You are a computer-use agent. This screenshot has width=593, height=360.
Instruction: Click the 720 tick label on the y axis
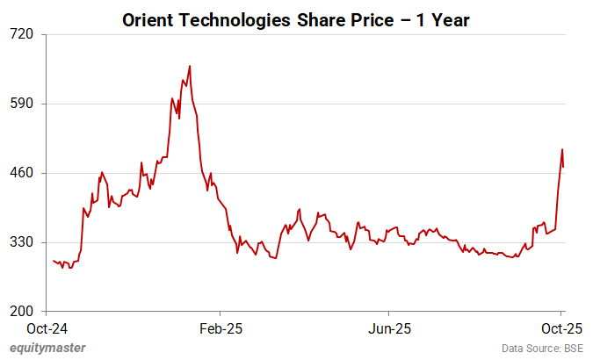tap(22, 34)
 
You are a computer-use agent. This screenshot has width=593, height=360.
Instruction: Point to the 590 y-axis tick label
tap(22, 104)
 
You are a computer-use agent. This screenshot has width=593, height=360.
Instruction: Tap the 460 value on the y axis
tap(22, 173)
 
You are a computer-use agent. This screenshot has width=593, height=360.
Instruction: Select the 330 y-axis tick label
tap(22, 242)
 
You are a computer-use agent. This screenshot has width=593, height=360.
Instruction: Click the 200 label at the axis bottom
tap(22, 312)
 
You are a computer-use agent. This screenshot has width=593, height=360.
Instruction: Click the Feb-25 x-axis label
tap(221, 329)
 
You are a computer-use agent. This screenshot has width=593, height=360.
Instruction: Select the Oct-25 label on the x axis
tap(560, 329)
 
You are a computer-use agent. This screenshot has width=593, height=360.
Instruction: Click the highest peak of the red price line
tap(190, 66)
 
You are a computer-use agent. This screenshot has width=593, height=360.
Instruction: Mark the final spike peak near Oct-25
tap(561, 149)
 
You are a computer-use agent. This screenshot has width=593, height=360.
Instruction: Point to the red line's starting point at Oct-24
tap(53, 260)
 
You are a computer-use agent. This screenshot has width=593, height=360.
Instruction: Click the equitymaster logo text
tap(48, 349)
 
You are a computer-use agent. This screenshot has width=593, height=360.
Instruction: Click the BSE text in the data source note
tap(572, 349)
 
